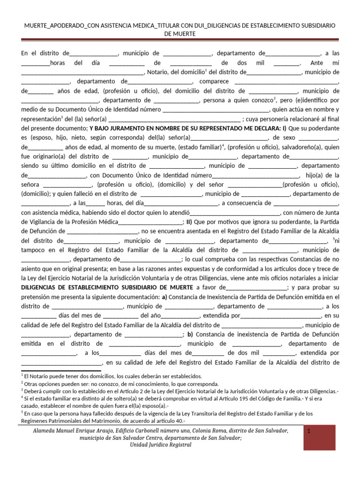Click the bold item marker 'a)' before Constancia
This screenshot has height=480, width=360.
tap(164, 297)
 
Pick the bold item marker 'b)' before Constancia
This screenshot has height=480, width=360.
tap(190, 334)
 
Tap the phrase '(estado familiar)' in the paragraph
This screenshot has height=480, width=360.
tap(198, 147)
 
